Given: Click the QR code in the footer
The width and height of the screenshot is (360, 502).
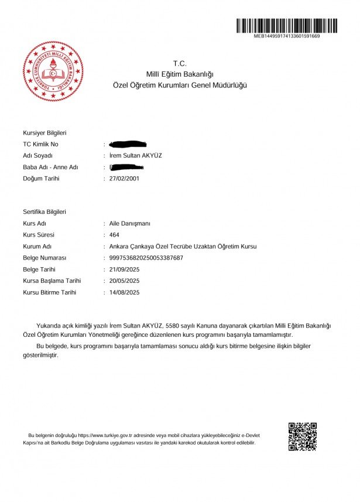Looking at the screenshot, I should tap(302, 436).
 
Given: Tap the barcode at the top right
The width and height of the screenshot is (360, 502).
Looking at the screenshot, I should tap(286, 26).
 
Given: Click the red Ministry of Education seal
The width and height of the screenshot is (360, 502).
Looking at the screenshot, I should tap(53, 71).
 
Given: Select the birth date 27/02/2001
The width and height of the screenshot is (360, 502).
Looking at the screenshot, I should tap(124, 179).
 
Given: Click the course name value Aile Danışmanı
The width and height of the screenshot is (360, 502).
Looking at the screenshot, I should tap(130, 224).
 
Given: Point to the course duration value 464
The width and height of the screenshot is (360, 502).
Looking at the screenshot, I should tap(115, 235).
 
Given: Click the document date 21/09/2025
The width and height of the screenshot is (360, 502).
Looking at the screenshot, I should tap(124, 269).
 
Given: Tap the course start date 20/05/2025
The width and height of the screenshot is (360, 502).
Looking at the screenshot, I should tap(124, 281).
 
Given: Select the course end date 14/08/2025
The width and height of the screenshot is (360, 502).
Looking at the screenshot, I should tap(124, 292).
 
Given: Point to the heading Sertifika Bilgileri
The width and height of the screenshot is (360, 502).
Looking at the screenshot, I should tap(44, 212).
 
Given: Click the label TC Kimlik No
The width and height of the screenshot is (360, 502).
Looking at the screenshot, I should tap(40, 144).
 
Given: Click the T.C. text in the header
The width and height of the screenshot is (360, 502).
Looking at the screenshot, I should tap(179, 63).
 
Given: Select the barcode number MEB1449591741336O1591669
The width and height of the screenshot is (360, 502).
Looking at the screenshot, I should tap(286, 36).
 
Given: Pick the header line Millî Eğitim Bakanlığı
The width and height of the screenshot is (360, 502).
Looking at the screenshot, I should tap(180, 74).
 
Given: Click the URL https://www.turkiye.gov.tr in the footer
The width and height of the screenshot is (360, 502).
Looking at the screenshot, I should tap(103, 436).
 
